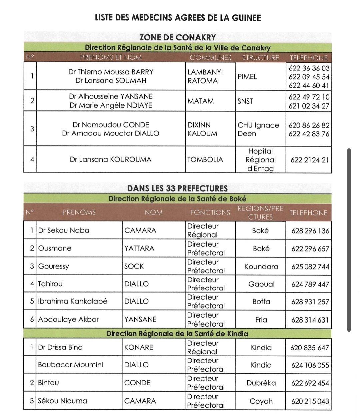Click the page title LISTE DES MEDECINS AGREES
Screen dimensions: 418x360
[178, 18]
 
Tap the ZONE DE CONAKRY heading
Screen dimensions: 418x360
[177, 37]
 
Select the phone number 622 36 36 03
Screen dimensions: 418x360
[309, 68]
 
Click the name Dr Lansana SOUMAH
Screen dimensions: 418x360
[111, 81]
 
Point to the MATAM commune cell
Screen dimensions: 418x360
[201, 101]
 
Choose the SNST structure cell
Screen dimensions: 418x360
[245, 101]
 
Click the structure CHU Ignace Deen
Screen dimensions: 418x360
[258, 129]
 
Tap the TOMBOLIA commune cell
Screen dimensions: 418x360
[205, 159]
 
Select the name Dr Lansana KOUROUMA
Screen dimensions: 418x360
[111, 159]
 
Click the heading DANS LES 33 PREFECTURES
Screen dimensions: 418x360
[177, 188]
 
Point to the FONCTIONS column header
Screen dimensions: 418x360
[210, 213]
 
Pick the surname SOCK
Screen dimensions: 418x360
[134, 266]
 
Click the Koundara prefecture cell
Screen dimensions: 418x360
[261, 267]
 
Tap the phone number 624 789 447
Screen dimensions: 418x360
[310, 284]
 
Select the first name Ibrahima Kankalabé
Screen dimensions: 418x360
[73, 301]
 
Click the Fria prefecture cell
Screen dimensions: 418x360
[261, 320]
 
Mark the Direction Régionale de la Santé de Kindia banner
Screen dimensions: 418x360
[177, 334]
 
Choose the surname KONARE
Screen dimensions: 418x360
[139, 347]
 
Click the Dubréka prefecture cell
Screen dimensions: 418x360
[261, 383]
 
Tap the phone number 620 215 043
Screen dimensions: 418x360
[310, 401]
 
